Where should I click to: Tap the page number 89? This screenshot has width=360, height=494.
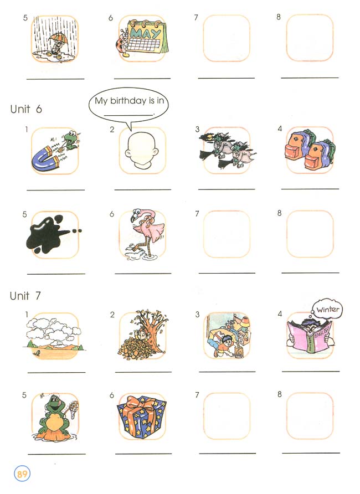[x=22, y=475]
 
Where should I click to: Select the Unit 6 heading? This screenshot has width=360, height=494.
[x=26, y=109]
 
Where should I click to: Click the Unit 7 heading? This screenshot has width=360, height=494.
[x=25, y=296]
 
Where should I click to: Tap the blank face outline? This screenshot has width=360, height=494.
[x=141, y=150]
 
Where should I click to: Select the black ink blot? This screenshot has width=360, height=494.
[x=50, y=235]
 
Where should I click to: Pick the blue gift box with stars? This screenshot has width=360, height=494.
[x=141, y=419]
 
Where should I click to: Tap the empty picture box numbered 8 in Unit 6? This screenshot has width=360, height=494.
[x=310, y=234]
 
